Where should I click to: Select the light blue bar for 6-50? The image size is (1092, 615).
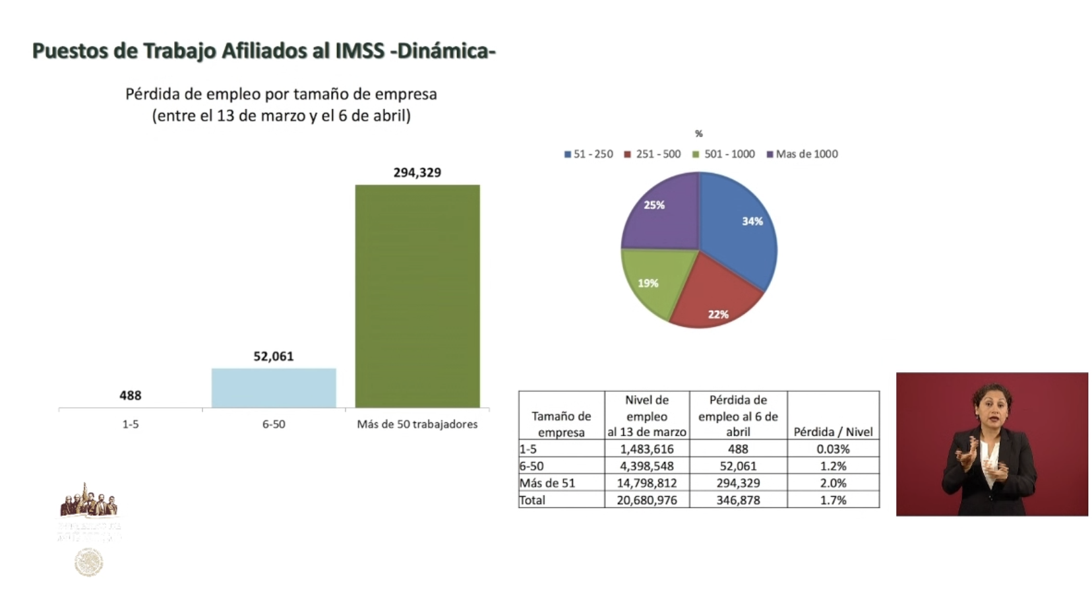(274, 388)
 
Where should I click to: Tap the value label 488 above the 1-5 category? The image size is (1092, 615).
(130, 395)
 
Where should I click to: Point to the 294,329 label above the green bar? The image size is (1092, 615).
(417, 173)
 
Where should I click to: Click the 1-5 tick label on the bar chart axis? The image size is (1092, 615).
(130, 424)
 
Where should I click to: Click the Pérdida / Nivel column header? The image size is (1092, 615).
(833, 432)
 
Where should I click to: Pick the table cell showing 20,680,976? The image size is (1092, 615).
(646, 500)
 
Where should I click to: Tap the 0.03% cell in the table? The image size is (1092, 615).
(833, 449)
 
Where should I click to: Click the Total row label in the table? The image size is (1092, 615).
(533, 500)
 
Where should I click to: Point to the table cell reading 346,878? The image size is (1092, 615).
(738, 500)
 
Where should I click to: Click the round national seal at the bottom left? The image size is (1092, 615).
(89, 563)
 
